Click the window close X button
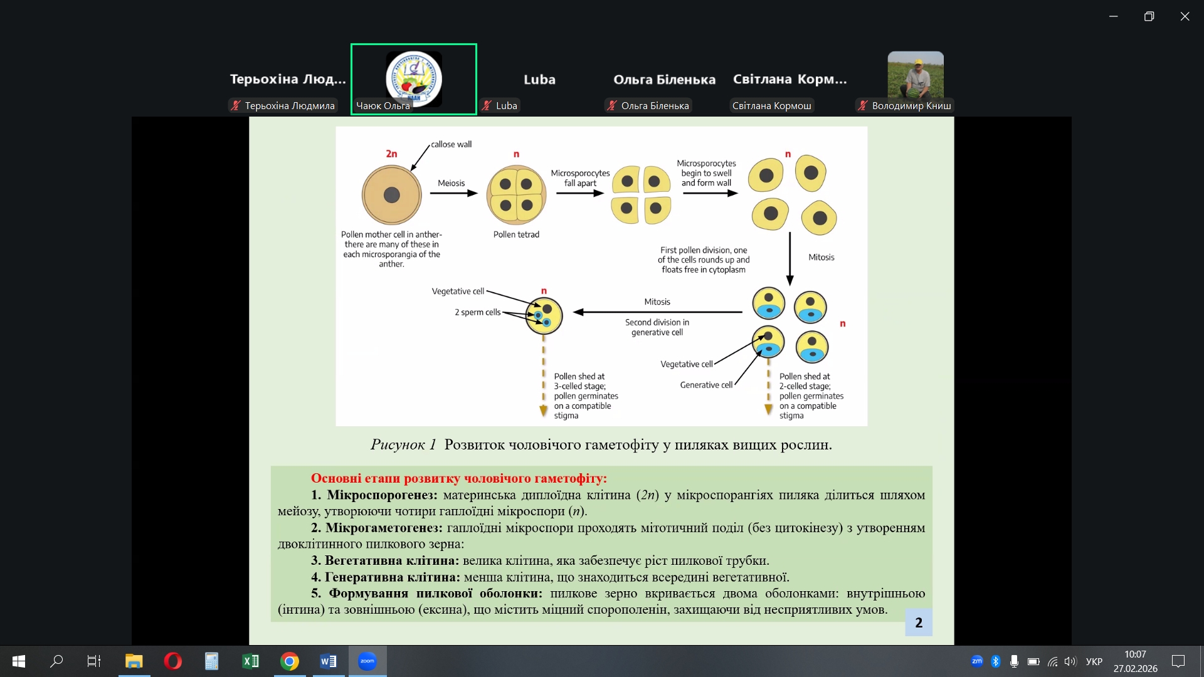pos(1185,17)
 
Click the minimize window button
pos(1113,17)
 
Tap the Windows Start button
pos(19,661)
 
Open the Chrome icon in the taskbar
pos(290,661)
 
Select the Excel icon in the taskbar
pos(250,661)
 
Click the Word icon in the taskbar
pos(328,661)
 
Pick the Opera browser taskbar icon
pos(172,661)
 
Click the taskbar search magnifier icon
pos(56,661)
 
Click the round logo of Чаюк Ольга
pos(414,79)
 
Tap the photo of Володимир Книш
pos(916,75)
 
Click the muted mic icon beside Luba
pos(487,106)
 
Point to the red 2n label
pos(391,154)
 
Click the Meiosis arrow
pos(453,194)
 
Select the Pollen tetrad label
pos(516,234)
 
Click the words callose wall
pos(451,144)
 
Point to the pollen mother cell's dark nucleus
pos(392,195)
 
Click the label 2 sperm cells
pos(477,312)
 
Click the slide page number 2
pos(919,622)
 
